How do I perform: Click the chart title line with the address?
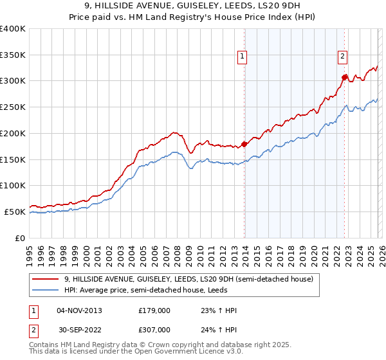click(192, 6)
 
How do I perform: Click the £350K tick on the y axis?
click(13, 55)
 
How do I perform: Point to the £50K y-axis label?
click(15, 212)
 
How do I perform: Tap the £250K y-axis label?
click(13, 107)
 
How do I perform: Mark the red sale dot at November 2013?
click(244, 144)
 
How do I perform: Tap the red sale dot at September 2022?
click(345, 77)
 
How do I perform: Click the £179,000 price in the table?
click(154, 310)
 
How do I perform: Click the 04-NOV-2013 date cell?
click(80, 310)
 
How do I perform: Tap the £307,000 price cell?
click(154, 330)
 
